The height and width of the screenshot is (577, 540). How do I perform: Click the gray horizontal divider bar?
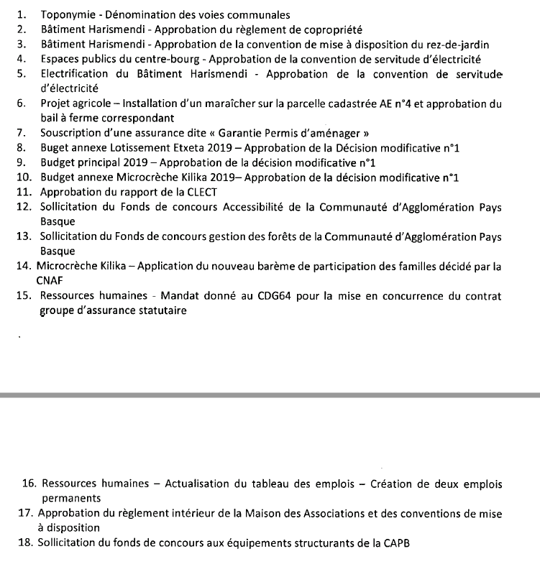tap(270, 394)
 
